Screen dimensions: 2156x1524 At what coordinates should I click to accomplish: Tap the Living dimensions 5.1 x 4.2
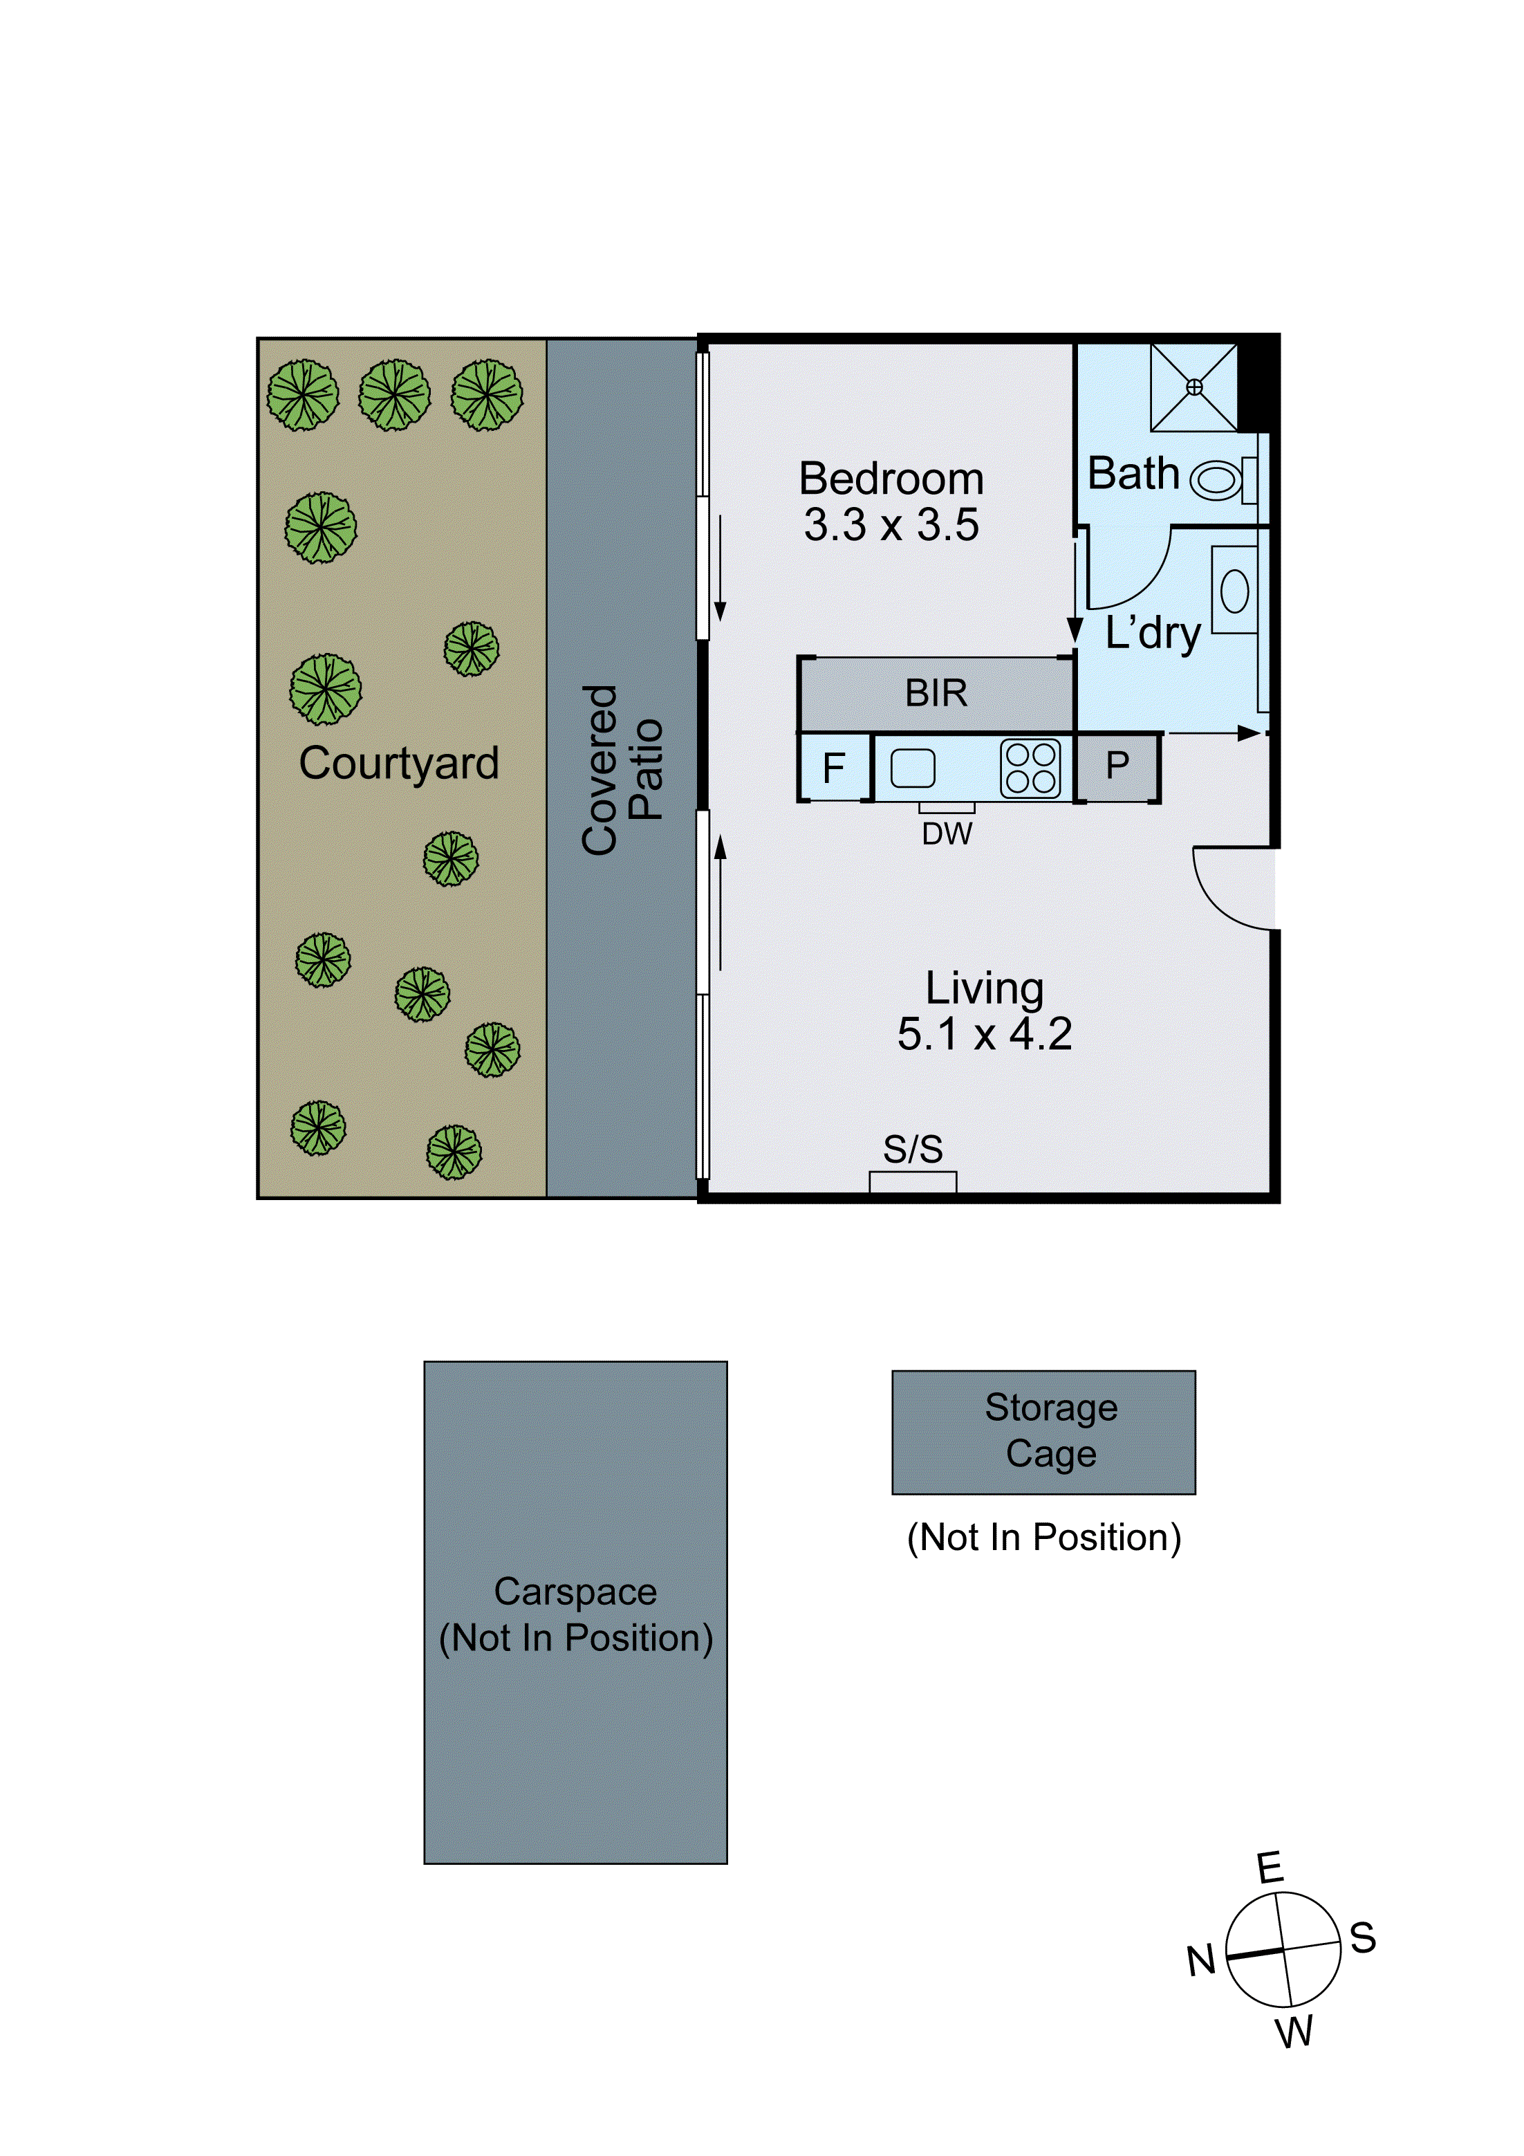click(984, 1034)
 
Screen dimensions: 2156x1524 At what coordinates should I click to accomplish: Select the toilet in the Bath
click(1218, 480)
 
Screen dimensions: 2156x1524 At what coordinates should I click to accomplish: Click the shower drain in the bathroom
click(1193, 387)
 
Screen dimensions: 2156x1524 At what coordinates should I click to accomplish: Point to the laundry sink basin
click(1234, 591)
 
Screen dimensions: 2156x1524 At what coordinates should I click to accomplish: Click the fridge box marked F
click(834, 768)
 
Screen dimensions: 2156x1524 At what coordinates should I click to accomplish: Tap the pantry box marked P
click(1117, 766)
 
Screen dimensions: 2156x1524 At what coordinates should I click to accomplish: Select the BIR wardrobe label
click(936, 693)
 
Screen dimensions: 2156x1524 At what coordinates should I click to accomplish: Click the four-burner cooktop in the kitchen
click(1030, 768)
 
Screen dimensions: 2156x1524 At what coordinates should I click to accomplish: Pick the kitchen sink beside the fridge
click(913, 768)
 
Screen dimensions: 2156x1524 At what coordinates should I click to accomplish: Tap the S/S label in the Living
click(913, 1148)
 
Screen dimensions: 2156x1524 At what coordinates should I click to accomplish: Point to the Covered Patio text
click(622, 769)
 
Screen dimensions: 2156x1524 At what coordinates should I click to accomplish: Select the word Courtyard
click(399, 762)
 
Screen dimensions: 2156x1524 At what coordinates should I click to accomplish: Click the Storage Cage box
click(1043, 1432)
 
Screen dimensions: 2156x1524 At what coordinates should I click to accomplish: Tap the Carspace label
click(575, 1592)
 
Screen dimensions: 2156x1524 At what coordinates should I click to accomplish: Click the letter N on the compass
click(1201, 1961)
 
